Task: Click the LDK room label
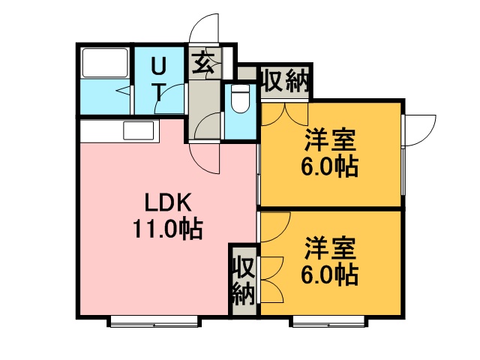click(x=169, y=202)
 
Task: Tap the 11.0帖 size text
click(x=169, y=228)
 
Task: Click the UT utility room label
click(x=159, y=79)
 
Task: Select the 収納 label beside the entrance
click(x=286, y=81)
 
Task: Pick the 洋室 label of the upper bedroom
click(x=330, y=141)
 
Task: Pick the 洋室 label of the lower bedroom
click(x=330, y=247)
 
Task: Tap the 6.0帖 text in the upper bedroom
click(x=330, y=166)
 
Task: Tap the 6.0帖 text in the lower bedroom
click(x=330, y=273)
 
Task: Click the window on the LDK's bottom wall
click(x=154, y=321)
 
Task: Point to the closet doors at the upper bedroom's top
click(x=284, y=112)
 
